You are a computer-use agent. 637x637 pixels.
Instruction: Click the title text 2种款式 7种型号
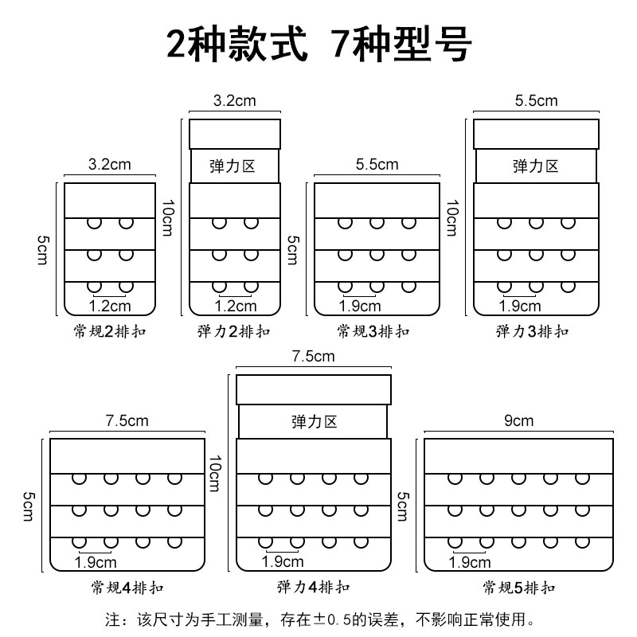click(x=318, y=45)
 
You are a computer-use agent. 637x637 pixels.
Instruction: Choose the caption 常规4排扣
click(x=127, y=588)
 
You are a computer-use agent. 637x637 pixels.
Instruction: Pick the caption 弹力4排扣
click(x=313, y=588)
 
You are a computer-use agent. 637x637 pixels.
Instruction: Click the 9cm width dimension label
click(x=518, y=421)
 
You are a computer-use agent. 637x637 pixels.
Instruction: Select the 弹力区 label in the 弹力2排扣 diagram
click(x=234, y=166)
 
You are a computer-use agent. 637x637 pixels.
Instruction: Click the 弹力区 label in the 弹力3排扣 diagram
click(x=536, y=166)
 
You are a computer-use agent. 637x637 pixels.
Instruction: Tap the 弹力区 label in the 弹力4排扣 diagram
click(x=315, y=421)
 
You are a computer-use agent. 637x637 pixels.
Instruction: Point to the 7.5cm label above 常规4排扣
click(x=127, y=421)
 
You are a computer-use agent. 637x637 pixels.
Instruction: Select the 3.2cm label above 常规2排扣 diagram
click(x=108, y=166)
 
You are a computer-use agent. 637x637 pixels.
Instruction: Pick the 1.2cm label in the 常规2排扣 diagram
click(x=110, y=306)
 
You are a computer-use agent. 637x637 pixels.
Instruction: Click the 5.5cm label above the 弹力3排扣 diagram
click(x=536, y=101)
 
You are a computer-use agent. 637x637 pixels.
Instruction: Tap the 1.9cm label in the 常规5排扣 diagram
click(x=470, y=563)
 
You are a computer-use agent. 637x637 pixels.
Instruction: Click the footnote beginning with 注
click(x=318, y=618)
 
